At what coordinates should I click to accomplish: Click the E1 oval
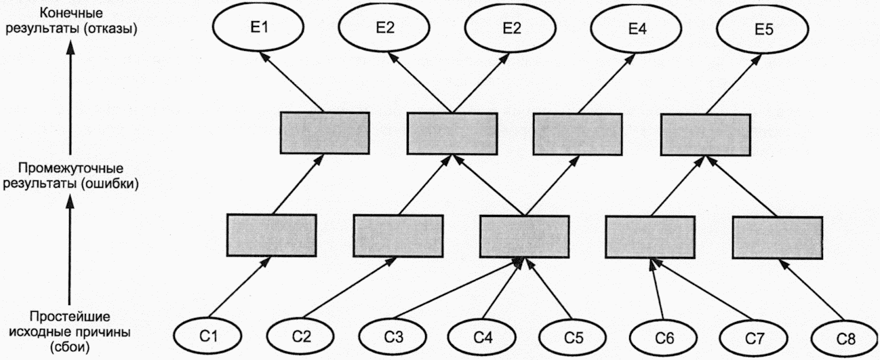coord(258,26)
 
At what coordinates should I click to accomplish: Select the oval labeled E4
coord(637,28)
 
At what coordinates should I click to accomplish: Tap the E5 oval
coord(763,29)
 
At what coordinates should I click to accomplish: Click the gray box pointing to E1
coord(325,133)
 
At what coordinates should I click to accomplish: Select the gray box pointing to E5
coord(706,134)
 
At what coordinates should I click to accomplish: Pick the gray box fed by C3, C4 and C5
coord(524,237)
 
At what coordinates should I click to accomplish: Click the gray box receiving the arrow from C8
coord(778,237)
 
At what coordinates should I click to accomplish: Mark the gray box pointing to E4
coord(578,134)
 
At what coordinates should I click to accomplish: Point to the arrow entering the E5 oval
coord(734,84)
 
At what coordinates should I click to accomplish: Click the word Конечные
coord(71,13)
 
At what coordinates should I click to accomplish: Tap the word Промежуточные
coord(71,168)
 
